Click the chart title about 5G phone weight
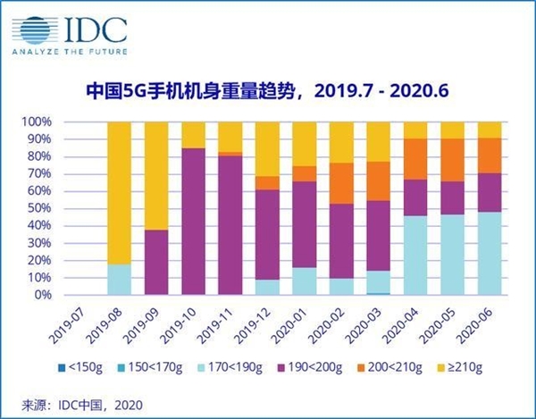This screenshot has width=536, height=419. point(268,90)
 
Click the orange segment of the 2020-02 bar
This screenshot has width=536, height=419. point(341,183)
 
